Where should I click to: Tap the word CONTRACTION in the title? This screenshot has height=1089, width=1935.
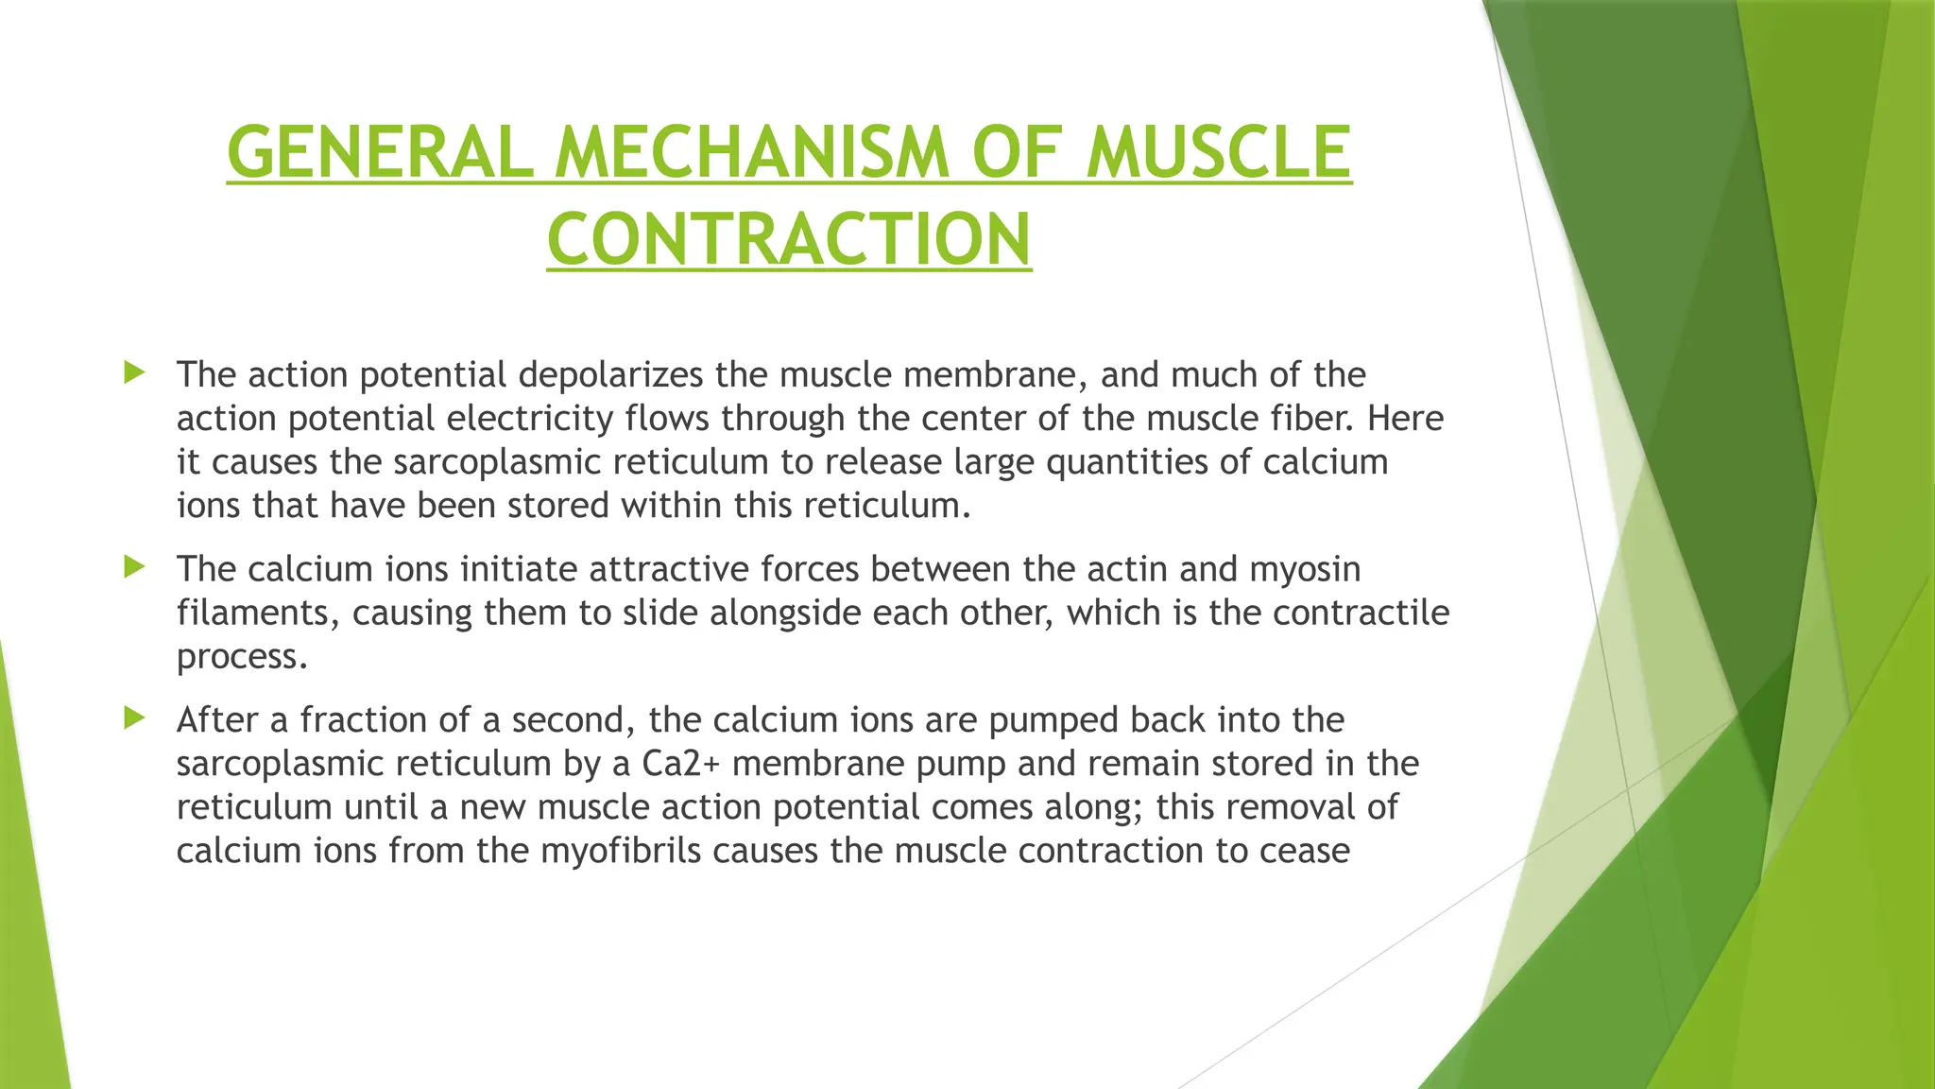789,239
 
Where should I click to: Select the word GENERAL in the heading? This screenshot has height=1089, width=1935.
380,152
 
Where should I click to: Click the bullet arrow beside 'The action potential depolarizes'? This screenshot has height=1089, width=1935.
134,372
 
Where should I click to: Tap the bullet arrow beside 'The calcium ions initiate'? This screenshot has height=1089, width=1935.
134,567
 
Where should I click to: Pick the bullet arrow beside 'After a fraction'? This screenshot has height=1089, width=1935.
134,718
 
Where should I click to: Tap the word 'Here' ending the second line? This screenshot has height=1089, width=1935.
1405,419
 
